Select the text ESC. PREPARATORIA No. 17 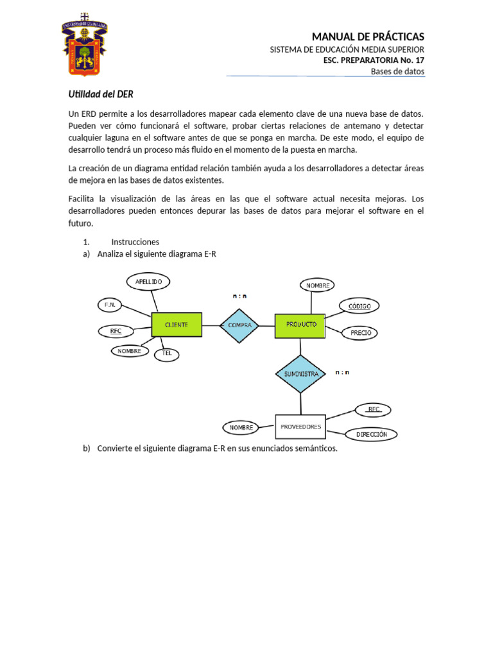click(x=374, y=60)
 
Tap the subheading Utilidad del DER click(x=101, y=94)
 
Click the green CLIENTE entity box click(x=177, y=325)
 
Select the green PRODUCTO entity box click(x=300, y=325)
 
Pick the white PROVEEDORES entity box click(x=300, y=426)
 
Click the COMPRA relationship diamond click(x=239, y=325)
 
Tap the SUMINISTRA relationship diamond click(x=300, y=373)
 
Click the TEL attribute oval click(x=167, y=354)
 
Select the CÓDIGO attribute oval click(x=359, y=306)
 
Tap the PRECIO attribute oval click(x=360, y=333)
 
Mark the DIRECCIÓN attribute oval click(x=371, y=434)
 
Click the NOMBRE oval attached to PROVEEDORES click(x=241, y=427)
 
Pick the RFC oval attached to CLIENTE click(x=116, y=331)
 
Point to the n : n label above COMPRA click(x=239, y=296)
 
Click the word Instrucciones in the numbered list click(x=135, y=242)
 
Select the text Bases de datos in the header click(x=397, y=71)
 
